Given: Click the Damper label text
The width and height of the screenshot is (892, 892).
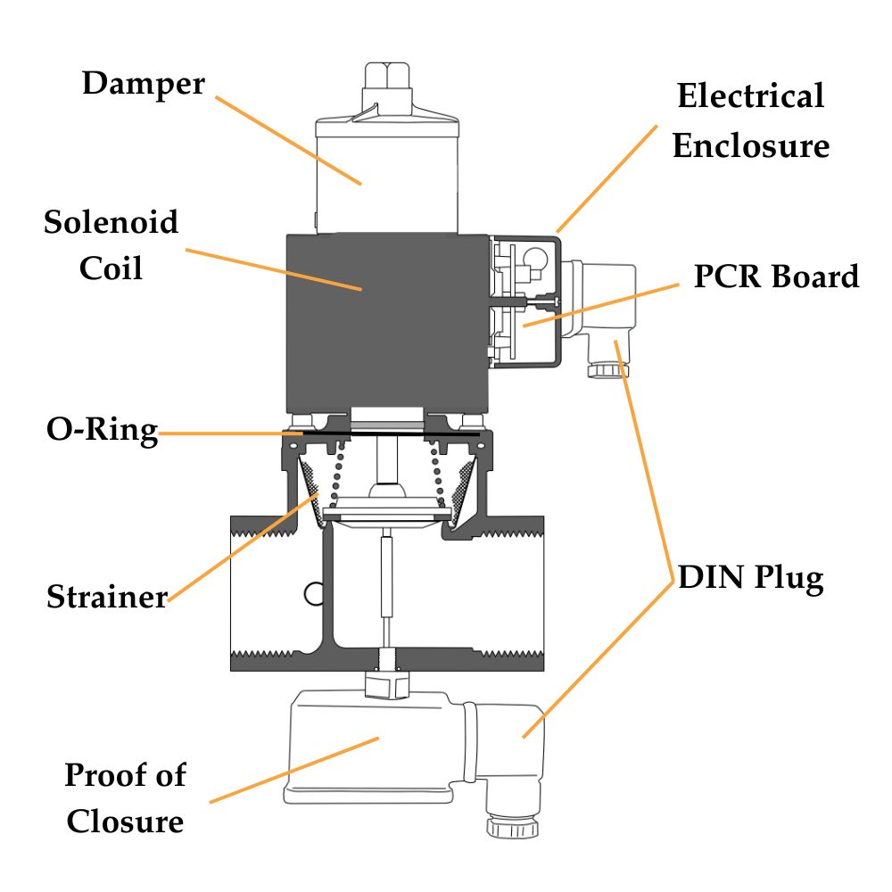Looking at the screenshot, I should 143,84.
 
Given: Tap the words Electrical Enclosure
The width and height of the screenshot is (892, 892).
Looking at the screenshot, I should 750,120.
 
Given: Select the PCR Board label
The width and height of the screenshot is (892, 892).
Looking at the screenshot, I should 776,276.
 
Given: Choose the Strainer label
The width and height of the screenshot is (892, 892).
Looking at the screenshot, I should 107,596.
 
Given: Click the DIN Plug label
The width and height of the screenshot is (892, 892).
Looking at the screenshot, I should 750,579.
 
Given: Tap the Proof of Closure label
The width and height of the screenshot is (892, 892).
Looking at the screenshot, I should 125,797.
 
